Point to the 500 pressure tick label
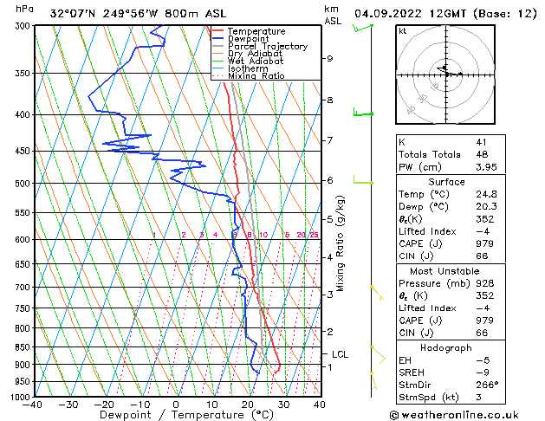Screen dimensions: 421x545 [22, 184]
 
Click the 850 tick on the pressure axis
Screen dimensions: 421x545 [22, 347]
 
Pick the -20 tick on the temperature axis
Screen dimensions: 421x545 [104, 405]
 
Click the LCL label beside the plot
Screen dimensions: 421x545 [341, 354]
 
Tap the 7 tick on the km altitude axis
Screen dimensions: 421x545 [330, 140]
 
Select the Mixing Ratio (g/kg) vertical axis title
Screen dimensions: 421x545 [341, 243]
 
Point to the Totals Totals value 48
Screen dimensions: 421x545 [481, 154]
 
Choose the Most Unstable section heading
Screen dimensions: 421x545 [446, 271]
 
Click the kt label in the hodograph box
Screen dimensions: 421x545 [403, 31]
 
